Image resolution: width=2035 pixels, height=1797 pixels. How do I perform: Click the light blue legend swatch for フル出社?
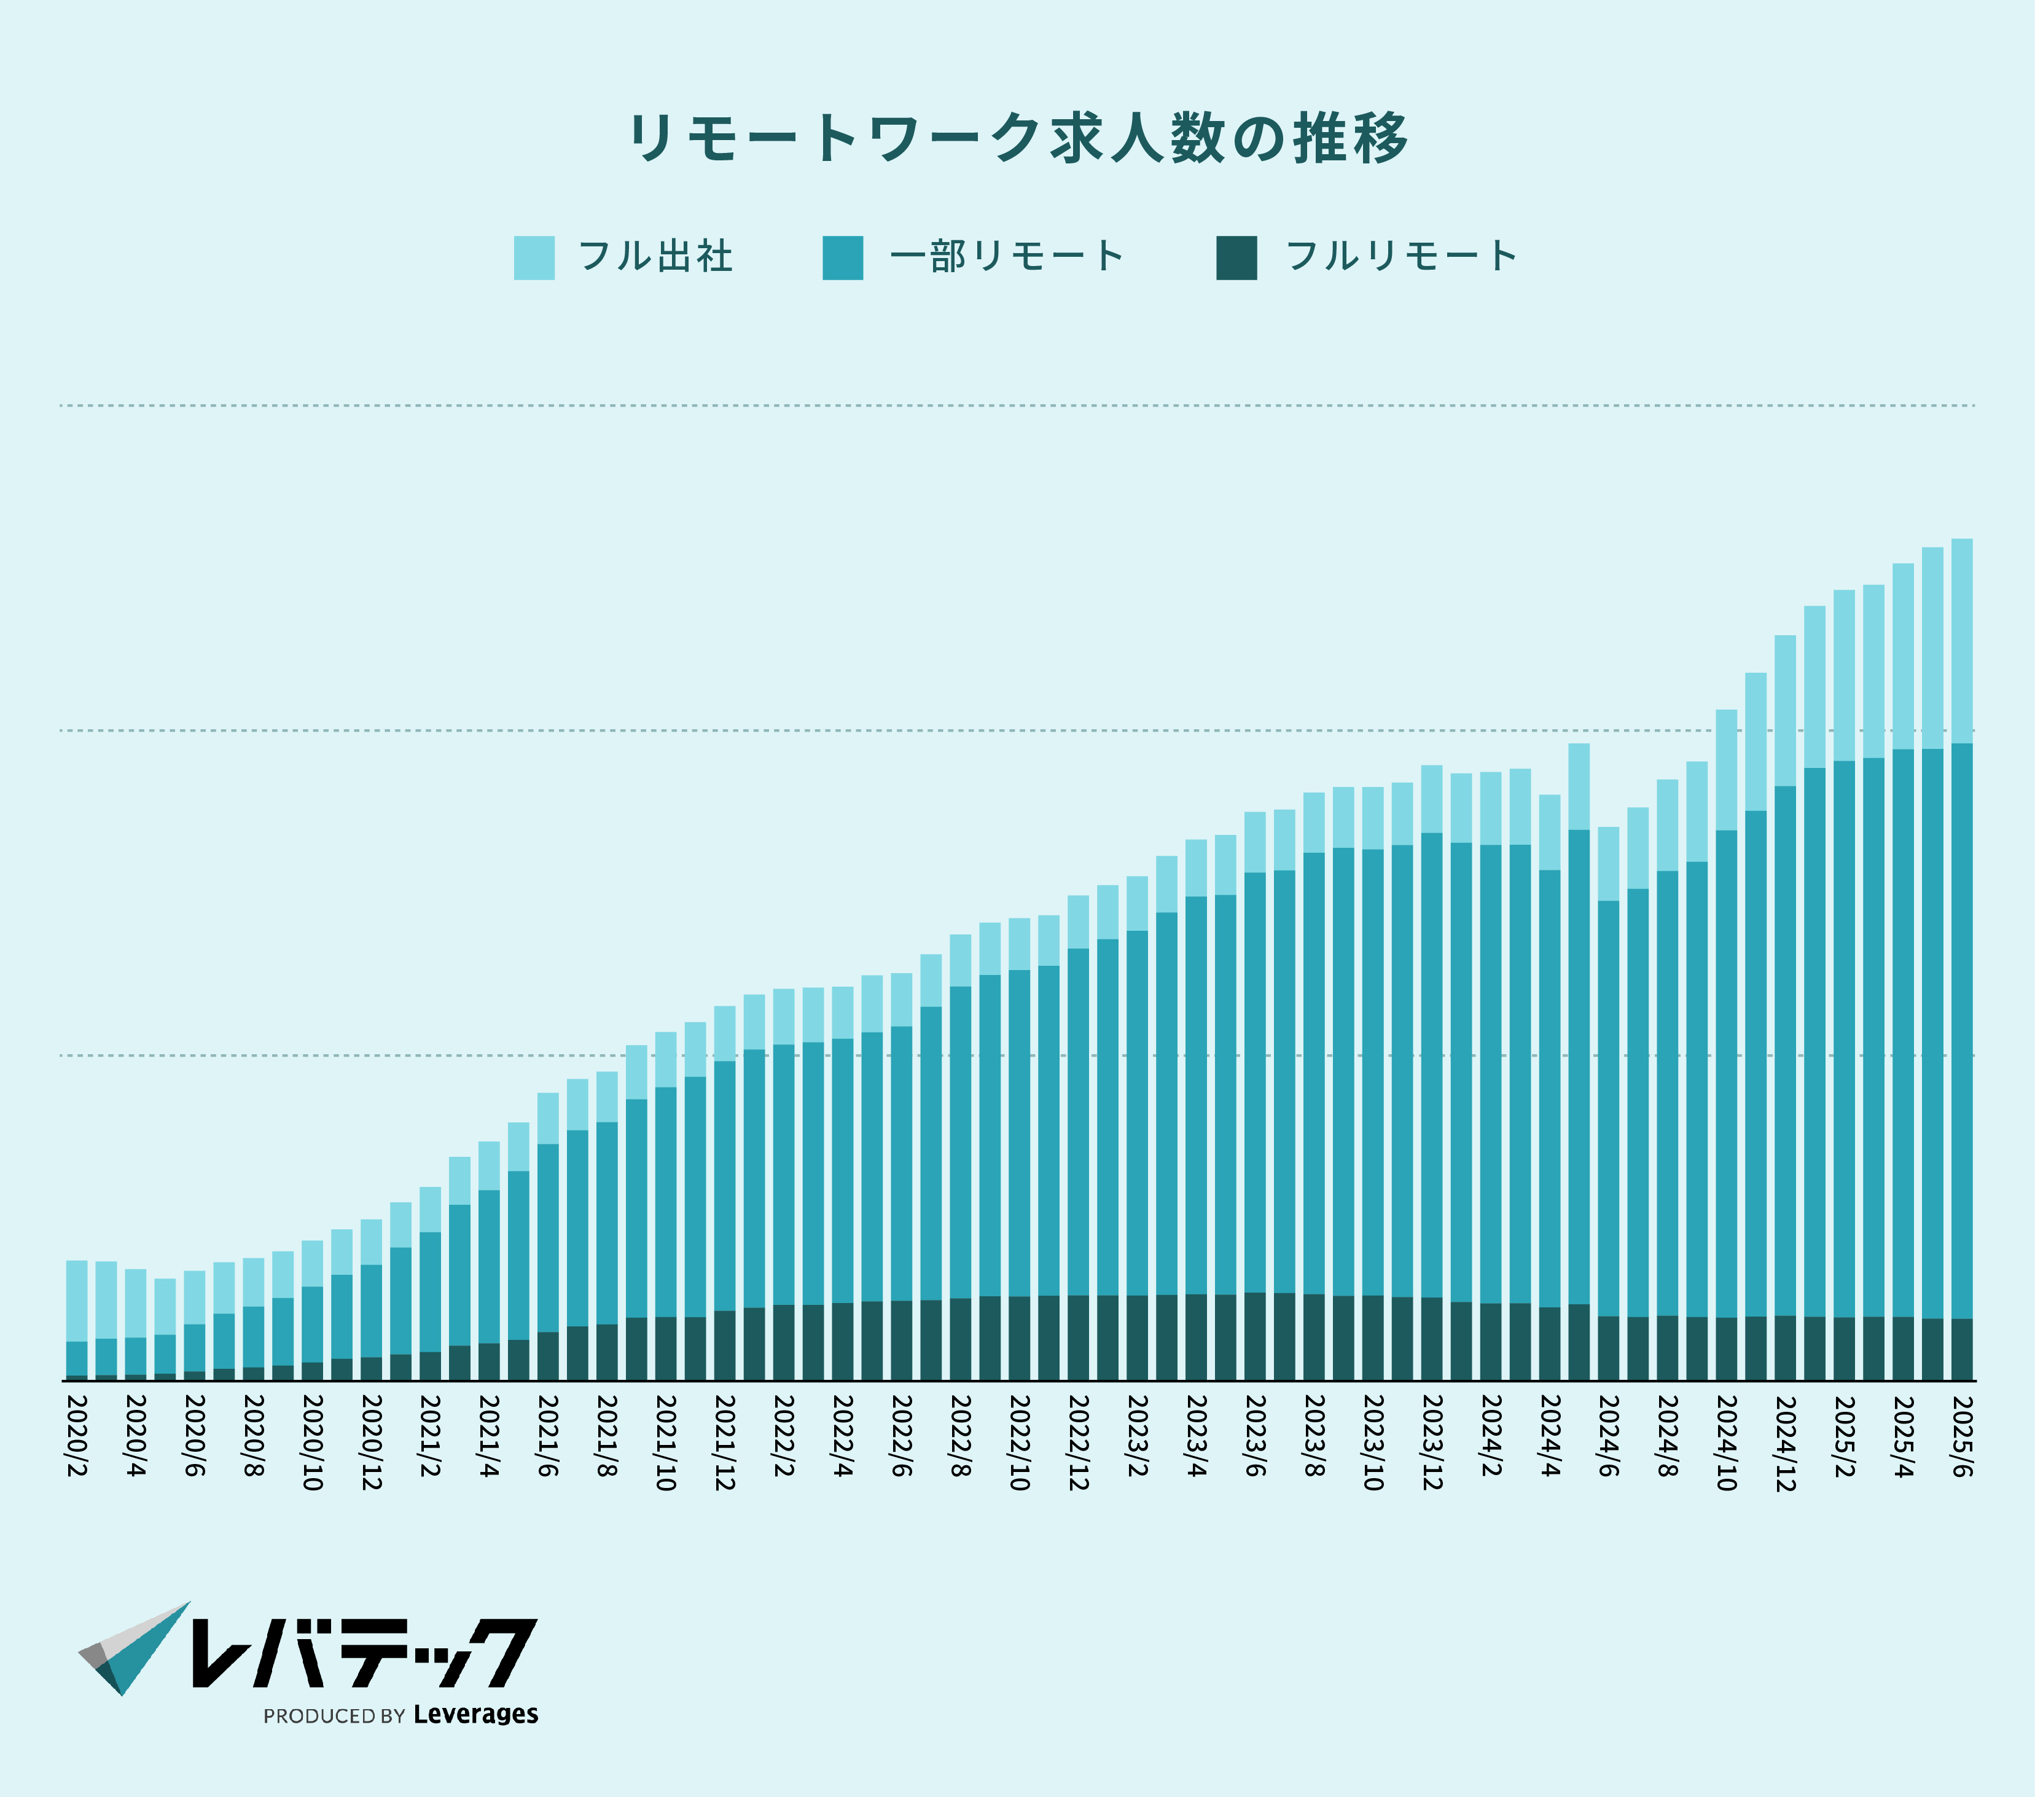(x=534, y=258)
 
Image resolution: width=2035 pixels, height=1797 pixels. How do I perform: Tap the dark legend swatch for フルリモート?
(x=1236, y=258)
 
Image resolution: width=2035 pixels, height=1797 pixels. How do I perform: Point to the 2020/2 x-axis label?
(x=77, y=1436)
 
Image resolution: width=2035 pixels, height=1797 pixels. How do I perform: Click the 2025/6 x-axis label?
(x=1961, y=1436)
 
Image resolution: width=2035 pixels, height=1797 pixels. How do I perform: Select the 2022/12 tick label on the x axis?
(x=1078, y=1441)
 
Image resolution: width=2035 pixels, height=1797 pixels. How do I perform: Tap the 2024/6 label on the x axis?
(x=1608, y=1436)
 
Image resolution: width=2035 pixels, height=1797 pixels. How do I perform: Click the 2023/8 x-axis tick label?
(x=1314, y=1436)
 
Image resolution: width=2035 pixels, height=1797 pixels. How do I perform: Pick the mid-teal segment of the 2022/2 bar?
(x=784, y=1175)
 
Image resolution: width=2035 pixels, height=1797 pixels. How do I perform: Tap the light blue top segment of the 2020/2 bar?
(x=77, y=1300)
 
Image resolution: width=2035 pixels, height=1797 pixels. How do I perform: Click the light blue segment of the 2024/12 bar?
(x=1785, y=710)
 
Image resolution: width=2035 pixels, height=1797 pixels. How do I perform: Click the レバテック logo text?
(x=364, y=1654)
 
